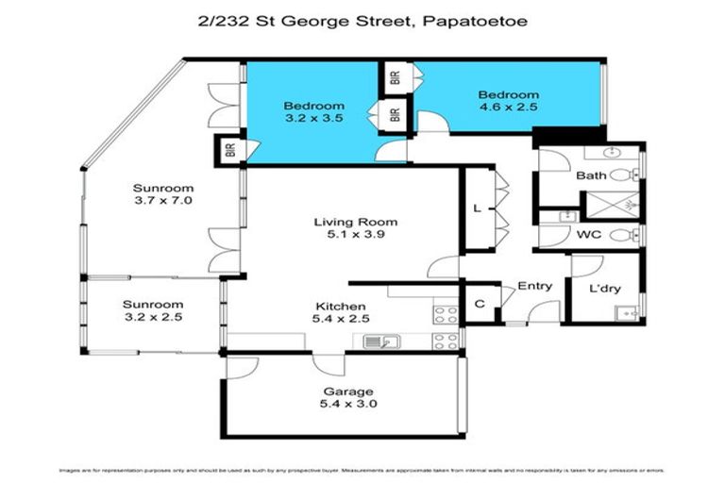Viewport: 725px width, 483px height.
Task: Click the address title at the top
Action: point(362,19)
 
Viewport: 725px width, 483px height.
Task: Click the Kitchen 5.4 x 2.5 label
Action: point(341,312)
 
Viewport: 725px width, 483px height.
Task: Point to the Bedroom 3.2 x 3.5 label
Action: point(314,112)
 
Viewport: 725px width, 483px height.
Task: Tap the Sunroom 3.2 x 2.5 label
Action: point(152,311)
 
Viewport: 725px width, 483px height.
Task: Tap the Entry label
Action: point(534,287)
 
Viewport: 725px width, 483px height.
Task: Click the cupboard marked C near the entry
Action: point(480,305)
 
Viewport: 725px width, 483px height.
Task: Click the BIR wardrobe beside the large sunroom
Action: point(228,150)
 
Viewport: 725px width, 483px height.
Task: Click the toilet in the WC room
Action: point(620,235)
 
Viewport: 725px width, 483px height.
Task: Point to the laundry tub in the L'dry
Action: point(624,310)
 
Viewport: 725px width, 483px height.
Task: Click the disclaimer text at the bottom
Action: point(362,469)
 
